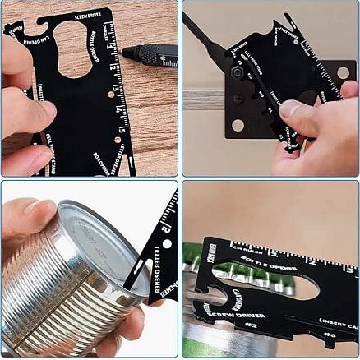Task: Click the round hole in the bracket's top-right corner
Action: tap(343, 72)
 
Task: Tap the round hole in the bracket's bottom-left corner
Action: tap(238, 126)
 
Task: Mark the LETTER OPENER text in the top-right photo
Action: tap(288, 34)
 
